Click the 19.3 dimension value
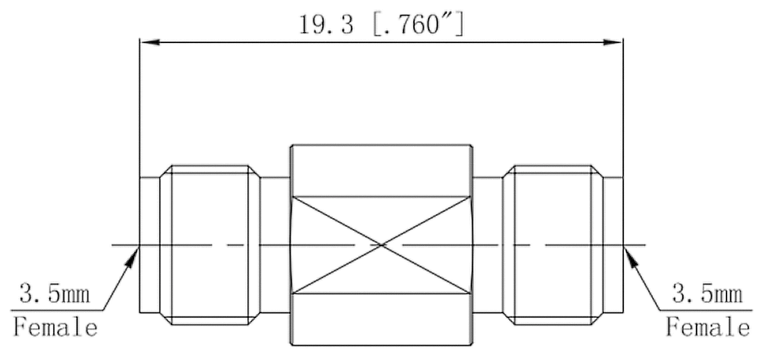tap(326, 25)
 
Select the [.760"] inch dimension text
tap(419, 25)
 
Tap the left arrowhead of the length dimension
tap(150, 42)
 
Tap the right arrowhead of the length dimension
tap(612, 42)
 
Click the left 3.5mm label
tap(54, 294)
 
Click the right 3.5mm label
tap(708, 294)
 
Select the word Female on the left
tap(56, 327)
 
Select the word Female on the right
tap(708, 327)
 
